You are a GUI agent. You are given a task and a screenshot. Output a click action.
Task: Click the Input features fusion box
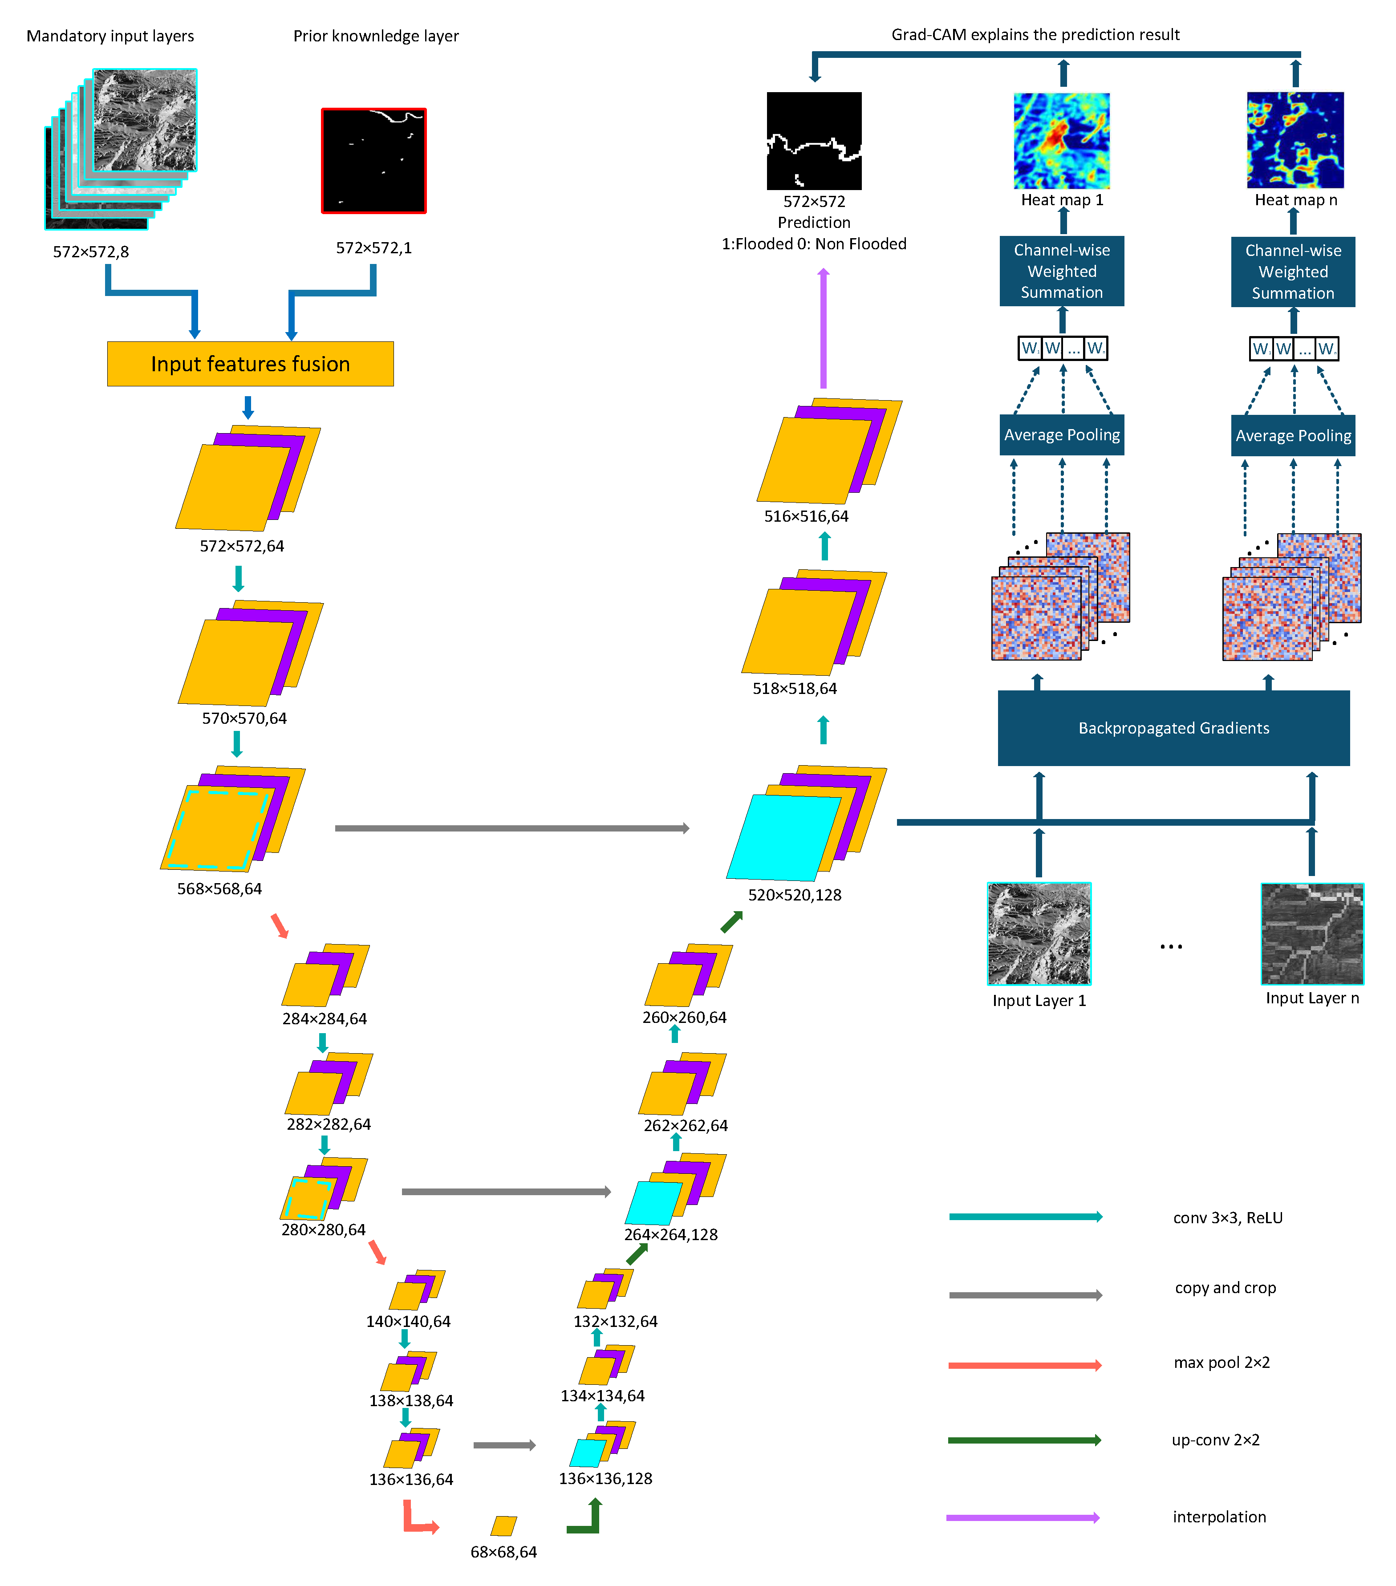pos(250,364)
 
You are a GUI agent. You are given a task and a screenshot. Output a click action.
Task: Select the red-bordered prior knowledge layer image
pos(373,161)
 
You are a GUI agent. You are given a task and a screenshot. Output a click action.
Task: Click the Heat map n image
pos(1295,141)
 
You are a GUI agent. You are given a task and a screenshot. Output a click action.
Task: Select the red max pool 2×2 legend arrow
pos(1024,1365)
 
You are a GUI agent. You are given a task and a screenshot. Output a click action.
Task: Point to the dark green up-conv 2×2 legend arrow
pos(1024,1440)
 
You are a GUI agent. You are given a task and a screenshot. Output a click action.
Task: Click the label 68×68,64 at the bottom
pos(503,1552)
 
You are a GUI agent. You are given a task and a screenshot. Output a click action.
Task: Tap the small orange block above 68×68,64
pos(503,1525)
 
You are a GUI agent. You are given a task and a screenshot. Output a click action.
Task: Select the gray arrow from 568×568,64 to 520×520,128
pos(512,828)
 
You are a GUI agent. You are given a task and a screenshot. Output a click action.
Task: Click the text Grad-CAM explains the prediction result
pos(1035,35)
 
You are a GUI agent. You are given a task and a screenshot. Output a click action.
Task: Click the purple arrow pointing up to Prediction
pos(824,330)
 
